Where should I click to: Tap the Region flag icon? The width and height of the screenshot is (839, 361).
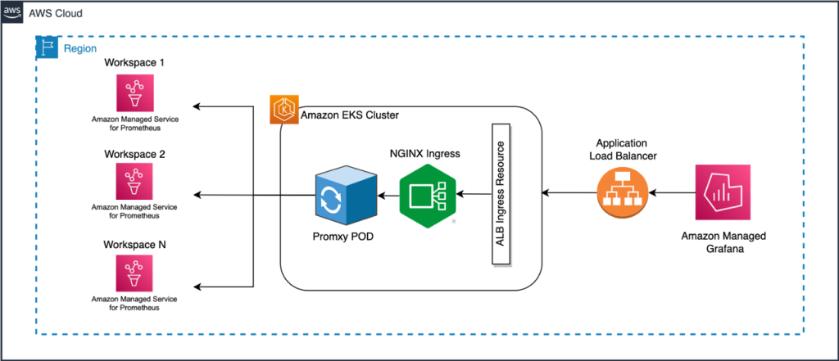pos(47,47)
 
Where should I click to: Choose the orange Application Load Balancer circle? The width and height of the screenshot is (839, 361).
pos(620,193)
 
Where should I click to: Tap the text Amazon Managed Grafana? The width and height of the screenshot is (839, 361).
pos(723,242)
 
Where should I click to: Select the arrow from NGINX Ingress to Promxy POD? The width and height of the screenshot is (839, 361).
pos(386,195)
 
